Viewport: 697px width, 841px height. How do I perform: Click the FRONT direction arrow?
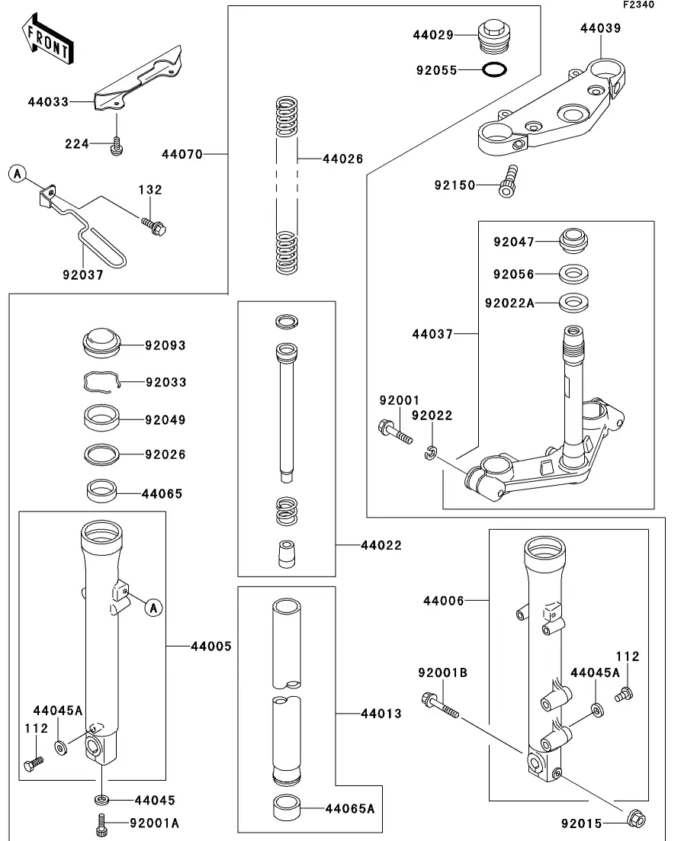click(x=48, y=40)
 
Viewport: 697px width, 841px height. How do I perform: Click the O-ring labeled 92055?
click(x=493, y=69)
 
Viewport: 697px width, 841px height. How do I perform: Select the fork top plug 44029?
click(x=492, y=35)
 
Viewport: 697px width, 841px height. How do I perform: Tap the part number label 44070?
click(x=182, y=155)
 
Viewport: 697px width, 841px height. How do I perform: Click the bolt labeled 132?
click(x=154, y=226)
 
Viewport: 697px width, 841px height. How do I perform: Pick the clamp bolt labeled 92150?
click(x=508, y=181)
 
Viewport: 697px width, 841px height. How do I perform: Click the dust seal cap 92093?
click(x=102, y=343)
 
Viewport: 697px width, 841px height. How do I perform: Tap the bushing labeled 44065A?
click(x=287, y=808)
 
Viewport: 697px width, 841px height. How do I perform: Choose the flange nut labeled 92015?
click(x=636, y=818)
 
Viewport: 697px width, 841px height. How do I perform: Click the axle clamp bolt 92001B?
click(x=441, y=706)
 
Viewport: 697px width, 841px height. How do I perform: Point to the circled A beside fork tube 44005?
click(x=154, y=608)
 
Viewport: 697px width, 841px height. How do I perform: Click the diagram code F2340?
click(x=638, y=5)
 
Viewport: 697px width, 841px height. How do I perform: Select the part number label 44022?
click(x=381, y=545)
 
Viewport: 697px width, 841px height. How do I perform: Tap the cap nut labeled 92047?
click(x=573, y=242)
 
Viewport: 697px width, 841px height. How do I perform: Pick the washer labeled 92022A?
click(x=573, y=303)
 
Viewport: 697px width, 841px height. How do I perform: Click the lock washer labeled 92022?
click(x=430, y=453)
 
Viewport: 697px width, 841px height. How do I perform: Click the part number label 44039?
click(x=600, y=28)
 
